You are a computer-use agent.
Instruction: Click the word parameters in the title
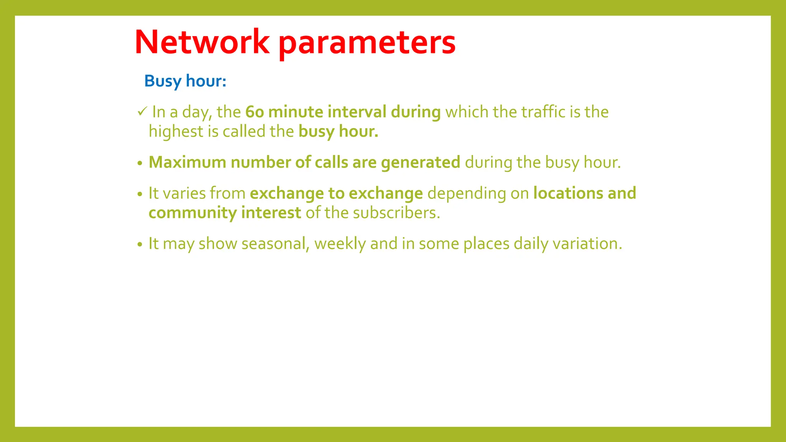click(x=367, y=43)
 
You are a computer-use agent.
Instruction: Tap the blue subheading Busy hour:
click(x=185, y=81)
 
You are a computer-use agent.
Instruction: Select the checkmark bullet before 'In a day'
click(x=142, y=112)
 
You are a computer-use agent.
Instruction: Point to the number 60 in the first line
click(x=254, y=112)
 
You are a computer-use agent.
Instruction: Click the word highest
click(x=176, y=132)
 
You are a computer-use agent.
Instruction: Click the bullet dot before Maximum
click(x=140, y=163)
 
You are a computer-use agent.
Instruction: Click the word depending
click(x=466, y=194)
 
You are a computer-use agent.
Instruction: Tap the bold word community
click(x=192, y=213)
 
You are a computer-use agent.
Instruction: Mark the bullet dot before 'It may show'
click(x=140, y=245)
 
